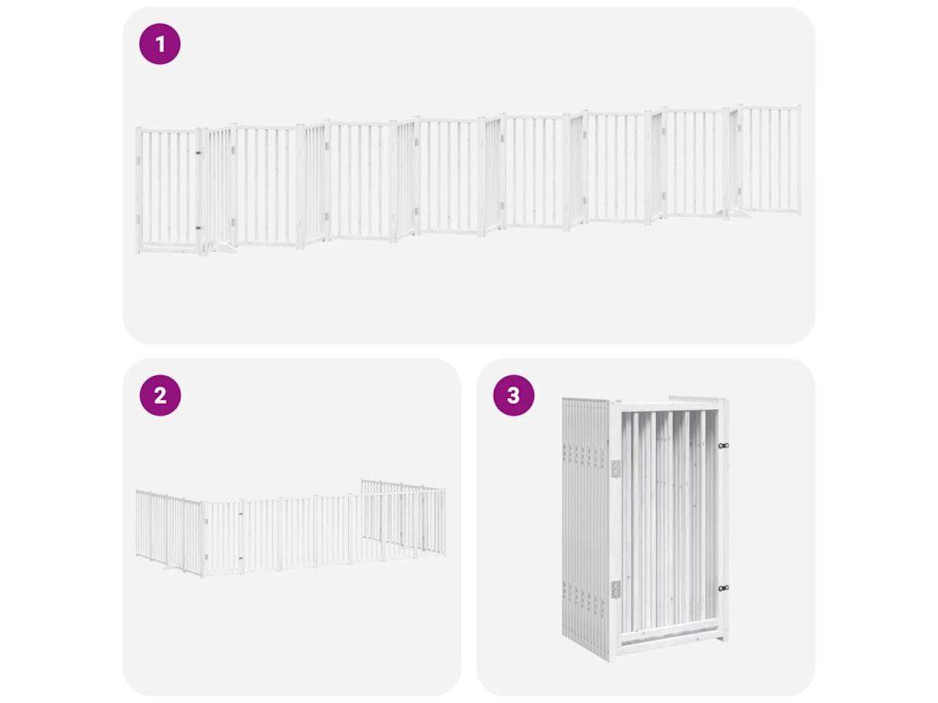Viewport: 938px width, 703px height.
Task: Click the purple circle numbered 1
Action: (159, 44)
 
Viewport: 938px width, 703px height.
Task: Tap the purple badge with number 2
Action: (160, 395)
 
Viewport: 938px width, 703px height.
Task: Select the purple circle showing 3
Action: (513, 395)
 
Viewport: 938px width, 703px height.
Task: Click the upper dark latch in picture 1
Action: (198, 153)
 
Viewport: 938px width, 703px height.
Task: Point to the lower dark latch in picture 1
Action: (198, 228)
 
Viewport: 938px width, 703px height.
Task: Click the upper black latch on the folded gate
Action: (724, 446)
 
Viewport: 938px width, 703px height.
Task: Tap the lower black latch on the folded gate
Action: (724, 589)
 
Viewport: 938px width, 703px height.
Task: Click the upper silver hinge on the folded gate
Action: (616, 469)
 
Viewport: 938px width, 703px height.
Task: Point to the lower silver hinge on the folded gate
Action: (616, 589)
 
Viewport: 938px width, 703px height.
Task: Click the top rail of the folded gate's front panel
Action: (668, 406)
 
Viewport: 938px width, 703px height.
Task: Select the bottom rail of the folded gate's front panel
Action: (670, 640)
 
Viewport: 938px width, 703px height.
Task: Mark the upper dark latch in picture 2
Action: (241, 514)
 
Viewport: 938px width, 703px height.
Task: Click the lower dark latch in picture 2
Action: (241, 558)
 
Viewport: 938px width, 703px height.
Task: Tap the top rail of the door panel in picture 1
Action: (169, 130)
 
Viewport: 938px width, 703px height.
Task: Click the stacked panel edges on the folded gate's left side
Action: (584, 526)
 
